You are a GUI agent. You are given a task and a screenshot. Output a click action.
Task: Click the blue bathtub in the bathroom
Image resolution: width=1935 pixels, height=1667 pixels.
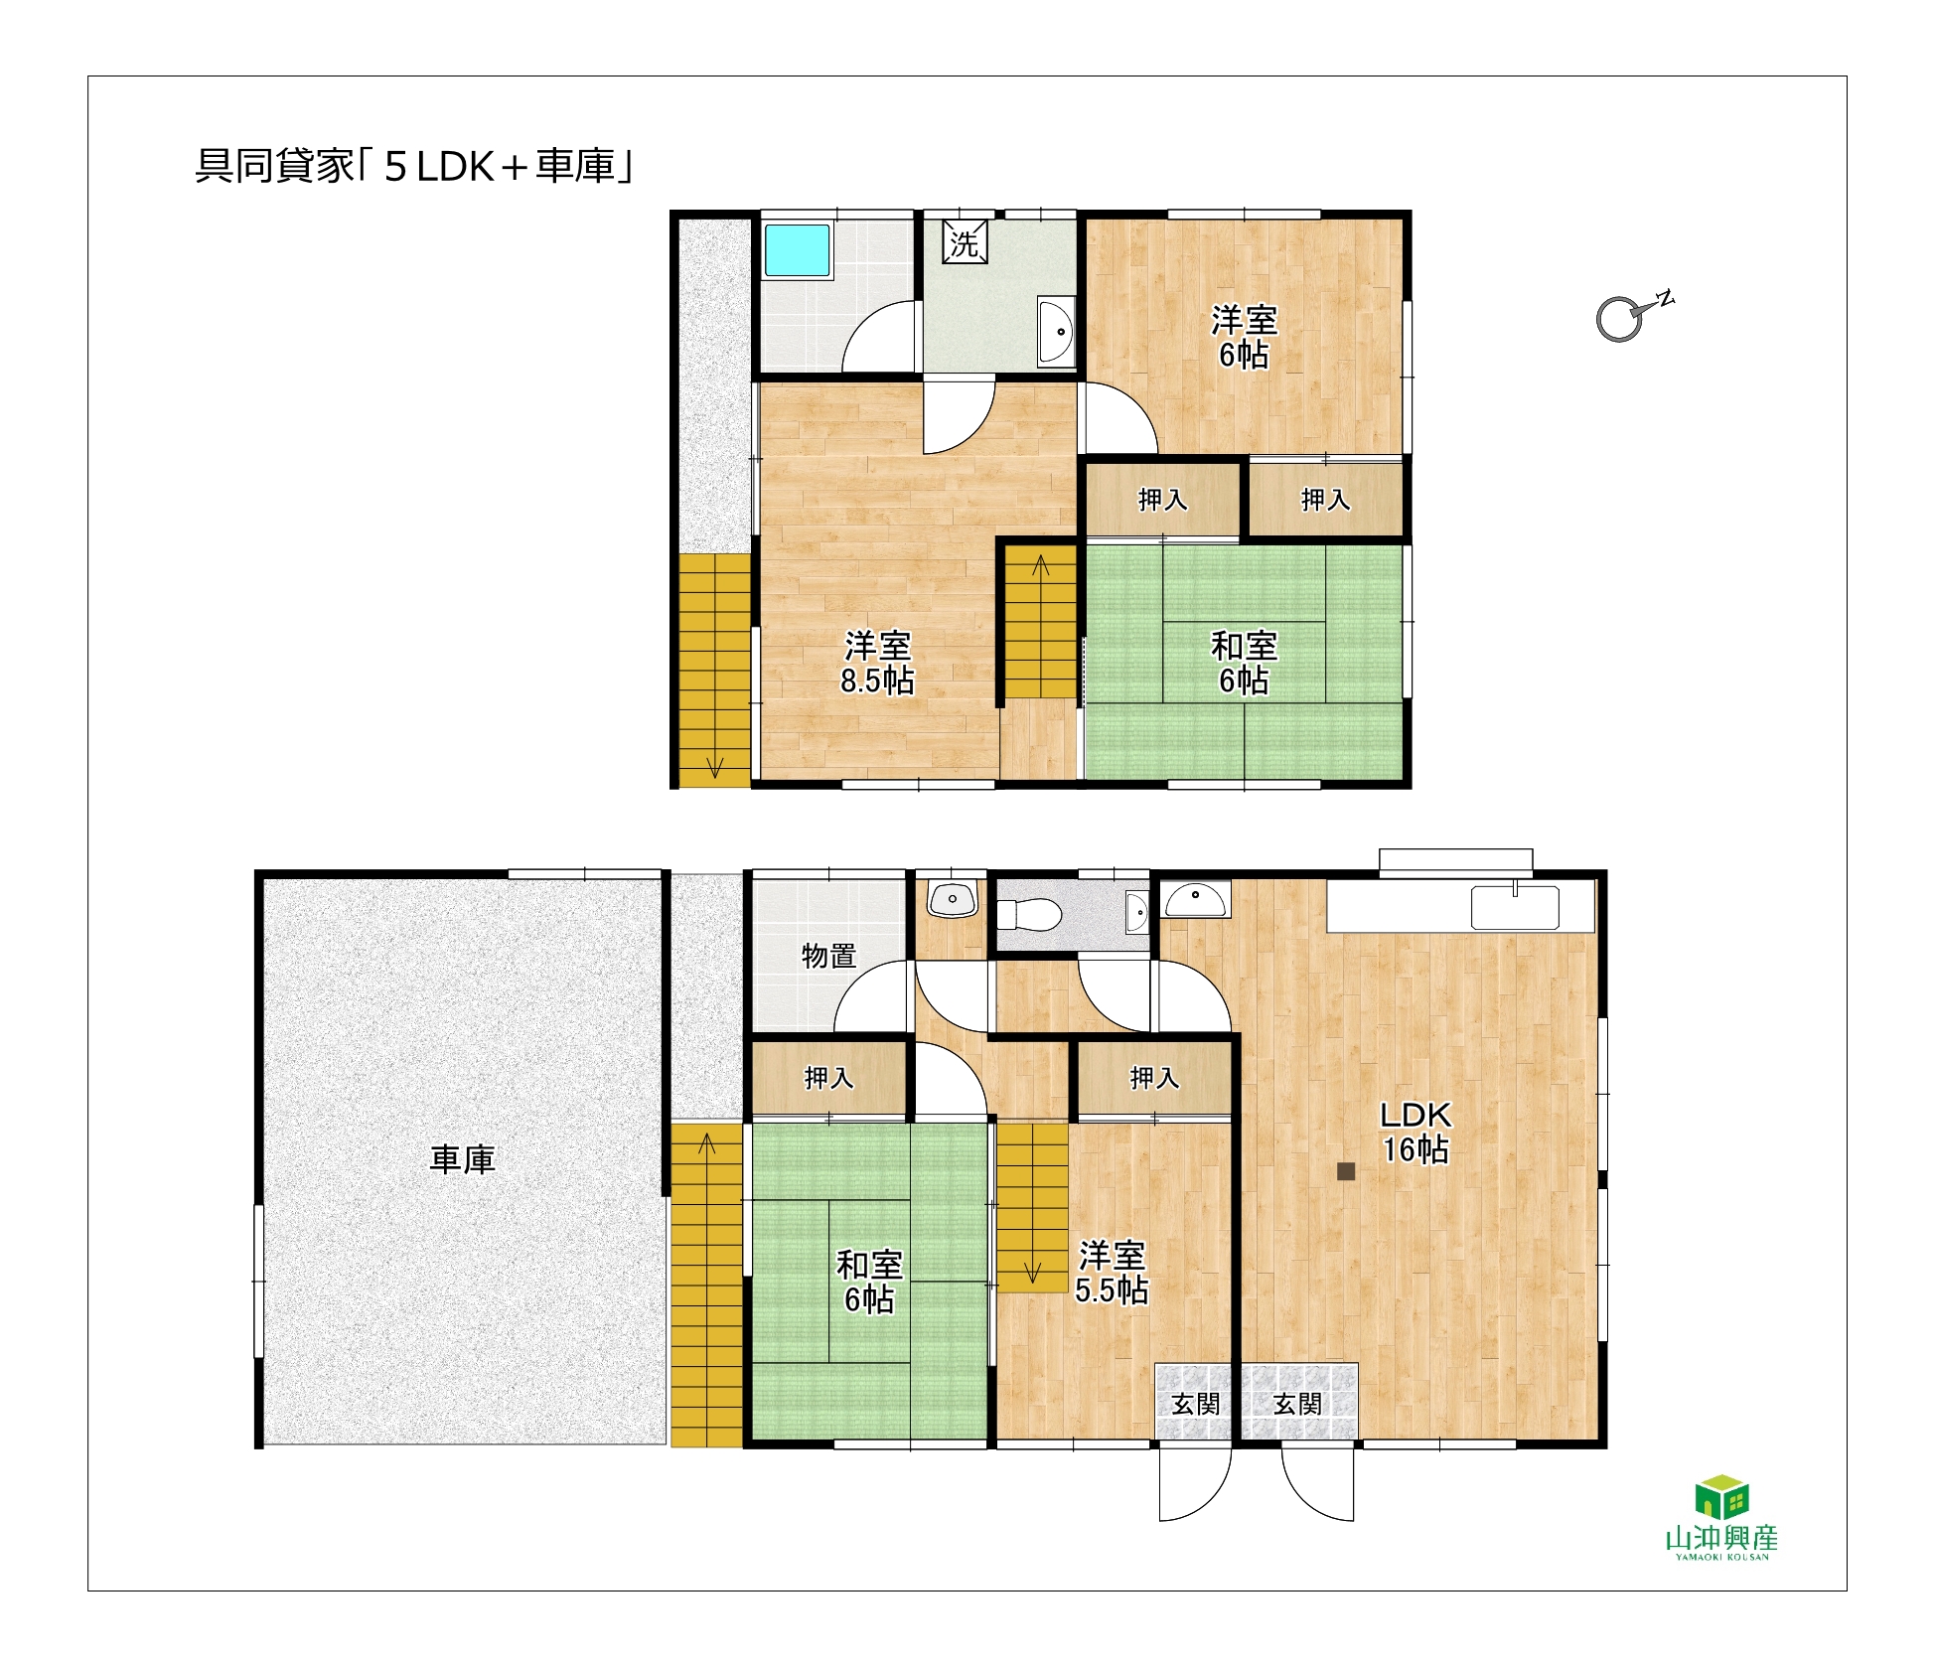pyautogui.click(x=797, y=250)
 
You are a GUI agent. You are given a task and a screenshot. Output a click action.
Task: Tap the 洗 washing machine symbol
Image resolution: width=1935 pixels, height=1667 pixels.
pyautogui.click(x=965, y=241)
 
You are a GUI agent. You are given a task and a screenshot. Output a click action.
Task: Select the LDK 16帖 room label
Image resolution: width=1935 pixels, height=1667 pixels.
pyautogui.click(x=1415, y=1133)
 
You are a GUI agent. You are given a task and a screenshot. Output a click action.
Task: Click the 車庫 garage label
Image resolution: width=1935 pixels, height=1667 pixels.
pyautogui.click(x=462, y=1159)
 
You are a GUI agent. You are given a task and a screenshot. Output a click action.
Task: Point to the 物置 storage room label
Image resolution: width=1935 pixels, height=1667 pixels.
pyautogui.click(x=828, y=956)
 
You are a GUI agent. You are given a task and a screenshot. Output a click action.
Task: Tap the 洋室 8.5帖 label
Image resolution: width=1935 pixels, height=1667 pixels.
pyautogui.click(x=877, y=663)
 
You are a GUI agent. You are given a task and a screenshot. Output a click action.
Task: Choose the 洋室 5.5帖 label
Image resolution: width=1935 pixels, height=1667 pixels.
pyautogui.click(x=1112, y=1273)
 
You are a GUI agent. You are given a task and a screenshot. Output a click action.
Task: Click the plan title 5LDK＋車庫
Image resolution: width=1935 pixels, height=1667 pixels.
pyautogui.click(x=413, y=167)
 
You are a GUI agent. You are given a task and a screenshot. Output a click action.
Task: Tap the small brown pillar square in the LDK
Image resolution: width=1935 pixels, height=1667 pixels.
pyautogui.click(x=1346, y=1171)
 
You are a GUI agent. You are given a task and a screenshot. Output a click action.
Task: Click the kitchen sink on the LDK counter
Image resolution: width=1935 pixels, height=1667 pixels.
pyautogui.click(x=1515, y=907)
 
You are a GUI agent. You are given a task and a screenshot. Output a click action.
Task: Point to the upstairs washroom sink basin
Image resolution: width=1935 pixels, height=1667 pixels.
pyautogui.click(x=1056, y=330)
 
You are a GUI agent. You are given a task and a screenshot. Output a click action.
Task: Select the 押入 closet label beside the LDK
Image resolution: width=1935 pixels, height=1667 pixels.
pyautogui.click(x=1154, y=1078)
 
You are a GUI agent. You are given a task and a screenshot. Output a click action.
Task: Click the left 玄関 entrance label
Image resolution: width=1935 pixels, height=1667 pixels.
pyautogui.click(x=1195, y=1404)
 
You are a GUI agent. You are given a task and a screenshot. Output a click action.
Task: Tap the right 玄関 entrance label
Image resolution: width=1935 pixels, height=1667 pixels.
pyautogui.click(x=1297, y=1404)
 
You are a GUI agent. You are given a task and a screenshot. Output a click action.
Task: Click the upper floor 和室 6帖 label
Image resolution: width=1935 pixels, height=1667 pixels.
pyautogui.click(x=1244, y=663)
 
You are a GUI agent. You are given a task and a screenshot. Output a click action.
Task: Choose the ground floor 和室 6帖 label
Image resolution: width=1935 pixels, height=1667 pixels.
pyautogui.click(x=869, y=1282)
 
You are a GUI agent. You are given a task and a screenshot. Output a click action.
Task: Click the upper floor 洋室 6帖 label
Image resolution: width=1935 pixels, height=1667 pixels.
pyautogui.click(x=1244, y=337)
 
